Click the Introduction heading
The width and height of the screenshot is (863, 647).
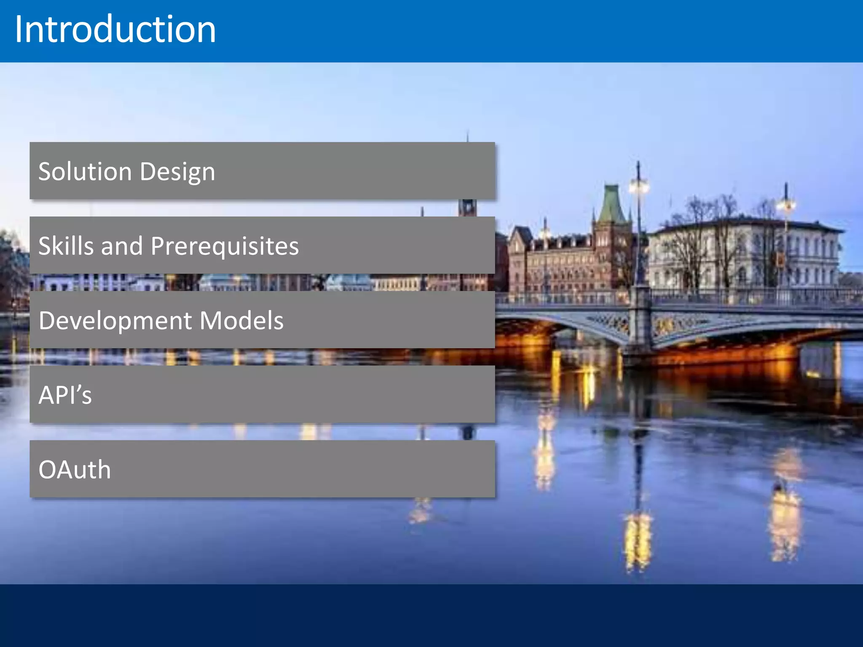click(115, 29)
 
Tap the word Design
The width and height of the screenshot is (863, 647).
click(177, 171)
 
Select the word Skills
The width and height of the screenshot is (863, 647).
click(67, 246)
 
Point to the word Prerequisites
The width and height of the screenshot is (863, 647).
click(225, 246)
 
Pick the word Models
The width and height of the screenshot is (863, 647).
click(241, 321)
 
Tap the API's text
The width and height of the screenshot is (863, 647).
click(65, 395)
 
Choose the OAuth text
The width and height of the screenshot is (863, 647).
click(75, 470)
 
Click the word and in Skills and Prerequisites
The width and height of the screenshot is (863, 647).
click(122, 246)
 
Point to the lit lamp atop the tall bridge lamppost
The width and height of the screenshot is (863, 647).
click(639, 185)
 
